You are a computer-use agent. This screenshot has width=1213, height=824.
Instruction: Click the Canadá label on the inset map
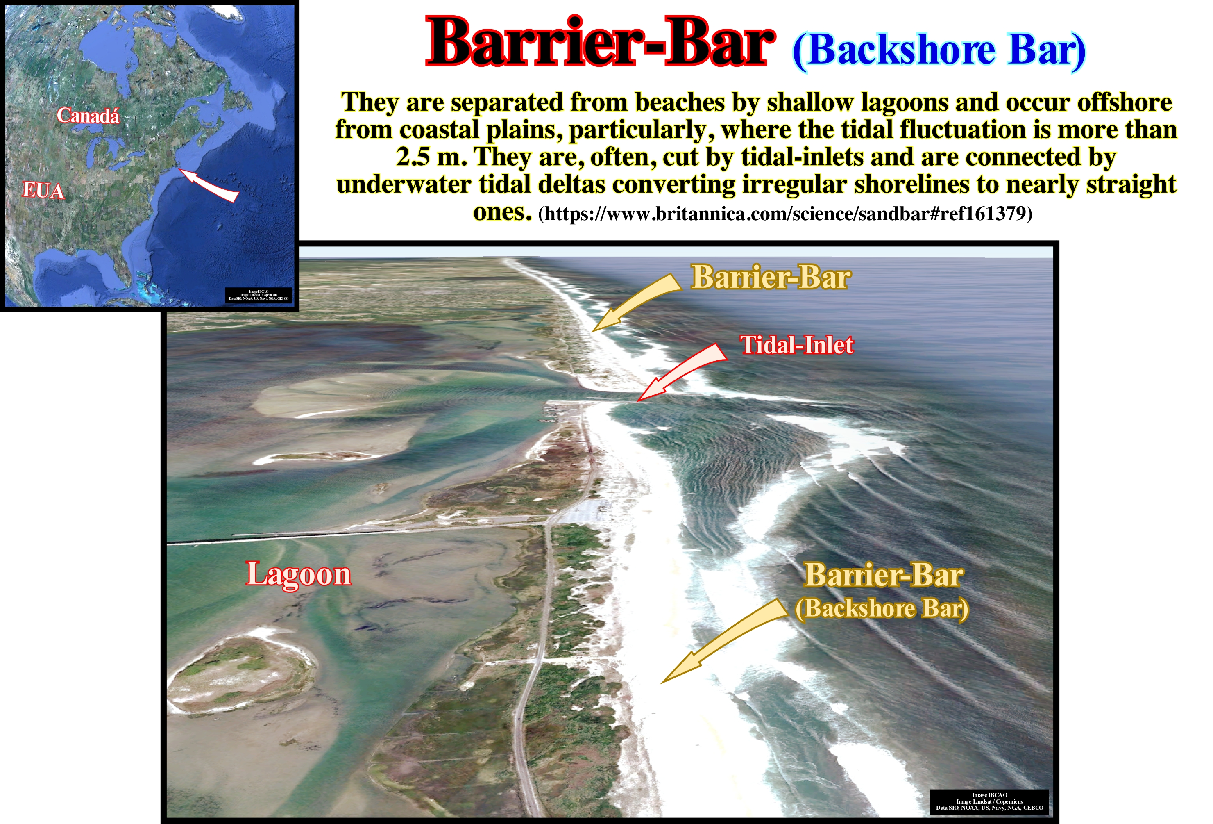tap(88, 116)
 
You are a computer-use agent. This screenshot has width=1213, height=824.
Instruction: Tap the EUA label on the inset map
tap(43, 191)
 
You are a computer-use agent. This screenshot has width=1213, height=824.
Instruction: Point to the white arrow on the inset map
tap(209, 185)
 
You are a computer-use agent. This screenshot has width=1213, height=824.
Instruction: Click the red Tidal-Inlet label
tap(796, 345)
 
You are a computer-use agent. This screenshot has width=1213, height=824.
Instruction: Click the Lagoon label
tap(299, 574)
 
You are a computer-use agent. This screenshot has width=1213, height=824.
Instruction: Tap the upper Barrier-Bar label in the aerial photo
tap(771, 277)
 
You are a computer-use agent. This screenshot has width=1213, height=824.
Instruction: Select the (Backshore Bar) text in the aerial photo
tap(882, 609)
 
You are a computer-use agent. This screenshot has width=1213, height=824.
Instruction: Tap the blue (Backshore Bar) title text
tap(939, 51)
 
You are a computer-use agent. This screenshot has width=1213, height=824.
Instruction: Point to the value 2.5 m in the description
tap(431, 157)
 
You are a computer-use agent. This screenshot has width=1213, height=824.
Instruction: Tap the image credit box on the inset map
tap(258, 296)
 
